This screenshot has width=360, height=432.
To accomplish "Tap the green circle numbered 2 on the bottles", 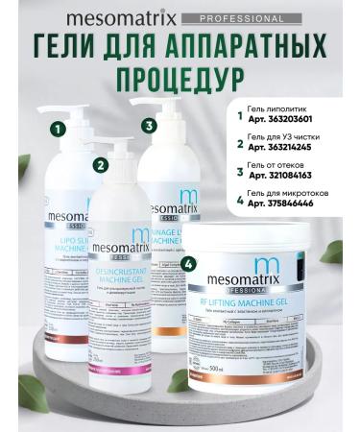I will click(x=101, y=164).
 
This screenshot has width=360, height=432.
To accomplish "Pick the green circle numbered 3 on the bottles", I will click(x=148, y=126).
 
